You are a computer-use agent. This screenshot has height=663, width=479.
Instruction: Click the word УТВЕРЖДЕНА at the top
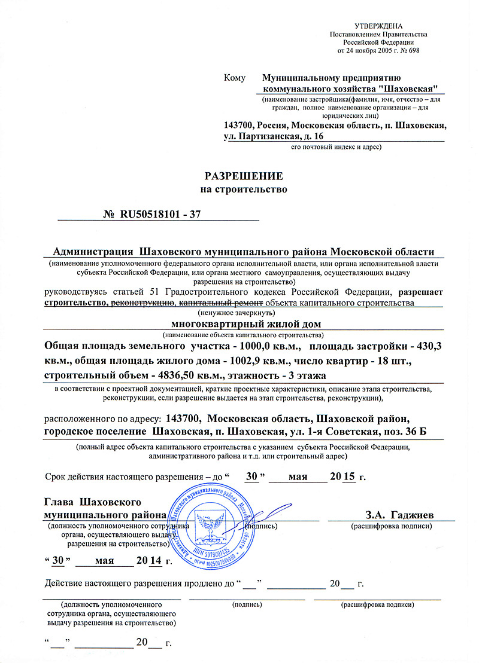coord(379,26)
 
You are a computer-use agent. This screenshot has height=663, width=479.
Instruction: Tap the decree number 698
coord(413,50)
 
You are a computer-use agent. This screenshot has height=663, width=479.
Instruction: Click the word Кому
coord(235,78)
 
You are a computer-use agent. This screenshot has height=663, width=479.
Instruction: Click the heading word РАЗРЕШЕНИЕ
coord(244,177)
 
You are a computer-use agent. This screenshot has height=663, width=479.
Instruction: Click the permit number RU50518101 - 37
coord(160,215)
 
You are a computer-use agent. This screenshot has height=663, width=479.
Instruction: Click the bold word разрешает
coord(421,292)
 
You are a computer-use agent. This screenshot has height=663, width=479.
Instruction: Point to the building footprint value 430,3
coord(425,347)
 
